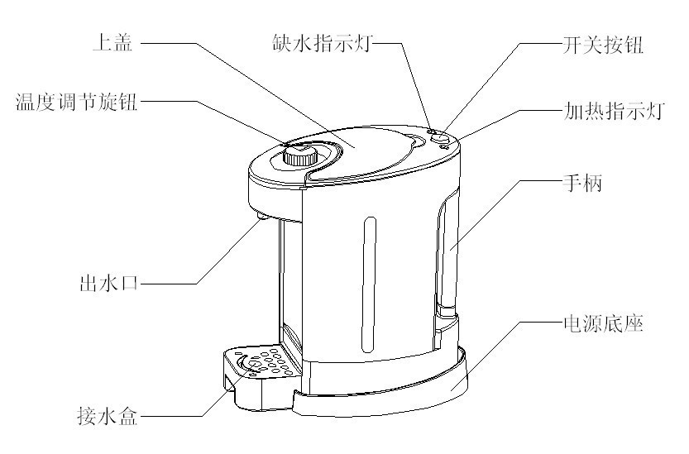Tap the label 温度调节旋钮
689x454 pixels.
coord(77,103)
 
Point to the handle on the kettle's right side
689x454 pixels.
coord(447,256)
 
